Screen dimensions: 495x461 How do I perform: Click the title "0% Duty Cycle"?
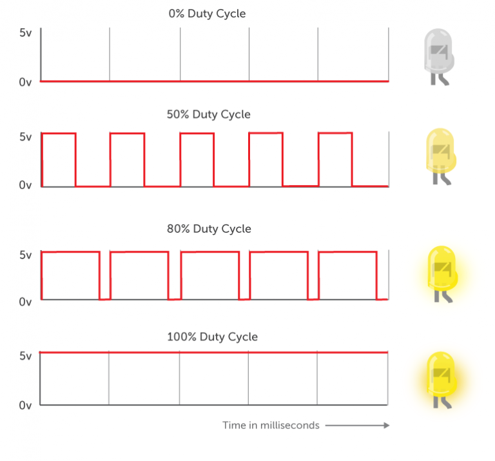pos(207,14)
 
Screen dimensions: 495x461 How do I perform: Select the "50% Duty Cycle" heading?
pos(209,114)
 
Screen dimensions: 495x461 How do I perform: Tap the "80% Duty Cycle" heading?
pos(209,229)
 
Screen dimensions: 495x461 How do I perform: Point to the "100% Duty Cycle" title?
pos(212,337)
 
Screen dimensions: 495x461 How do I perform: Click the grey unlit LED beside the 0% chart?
pos(439,57)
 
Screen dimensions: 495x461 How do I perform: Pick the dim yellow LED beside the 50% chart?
pos(441,156)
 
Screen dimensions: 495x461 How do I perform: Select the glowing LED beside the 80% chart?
pos(442,274)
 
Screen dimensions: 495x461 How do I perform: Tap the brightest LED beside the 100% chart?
pos(442,380)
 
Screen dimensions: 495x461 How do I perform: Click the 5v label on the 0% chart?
pos(26,33)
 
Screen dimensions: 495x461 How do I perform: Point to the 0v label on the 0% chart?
pos(25,82)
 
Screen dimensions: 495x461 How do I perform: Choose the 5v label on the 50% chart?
pos(26,137)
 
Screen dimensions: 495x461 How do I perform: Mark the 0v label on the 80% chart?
pos(25,302)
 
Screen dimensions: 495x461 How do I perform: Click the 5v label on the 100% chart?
pos(26,356)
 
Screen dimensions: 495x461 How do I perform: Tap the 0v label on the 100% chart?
pos(25,405)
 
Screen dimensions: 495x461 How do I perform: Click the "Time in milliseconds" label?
pos(271,426)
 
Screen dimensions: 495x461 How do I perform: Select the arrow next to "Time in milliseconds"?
pos(357,426)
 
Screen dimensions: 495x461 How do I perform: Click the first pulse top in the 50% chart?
pos(59,133)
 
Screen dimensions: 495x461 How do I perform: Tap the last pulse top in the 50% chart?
pos(335,133)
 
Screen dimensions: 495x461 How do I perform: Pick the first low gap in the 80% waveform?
pos(105,299)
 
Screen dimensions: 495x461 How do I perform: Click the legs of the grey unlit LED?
pos(440,79)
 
